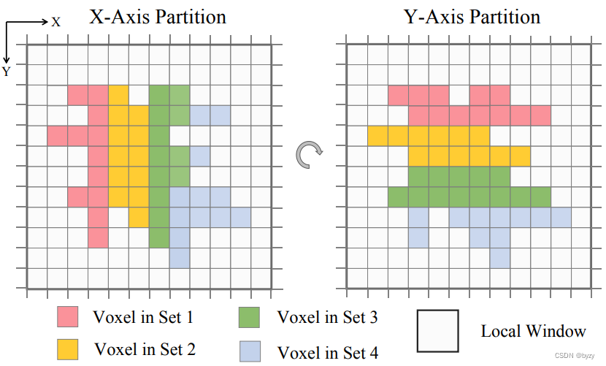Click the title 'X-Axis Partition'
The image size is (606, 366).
tap(157, 17)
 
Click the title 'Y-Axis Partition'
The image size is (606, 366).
tap(472, 17)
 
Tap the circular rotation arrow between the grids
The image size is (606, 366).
tap(308, 153)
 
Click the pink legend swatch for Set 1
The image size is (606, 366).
tap(69, 317)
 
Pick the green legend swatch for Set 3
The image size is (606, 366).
tap(250, 317)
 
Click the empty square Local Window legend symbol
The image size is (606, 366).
tap(437, 329)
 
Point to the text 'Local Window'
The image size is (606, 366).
tap(533, 331)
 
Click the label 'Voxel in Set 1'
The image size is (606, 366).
tap(143, 317)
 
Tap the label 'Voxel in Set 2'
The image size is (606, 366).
tap(145, 349)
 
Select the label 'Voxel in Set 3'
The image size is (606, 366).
tap(327, 317)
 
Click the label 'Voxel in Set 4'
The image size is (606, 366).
tap(329, 354)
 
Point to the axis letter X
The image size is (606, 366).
tap(56, 22)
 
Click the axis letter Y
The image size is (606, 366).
tap(6, 72)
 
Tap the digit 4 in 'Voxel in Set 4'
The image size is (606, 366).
tap(374, 354)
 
